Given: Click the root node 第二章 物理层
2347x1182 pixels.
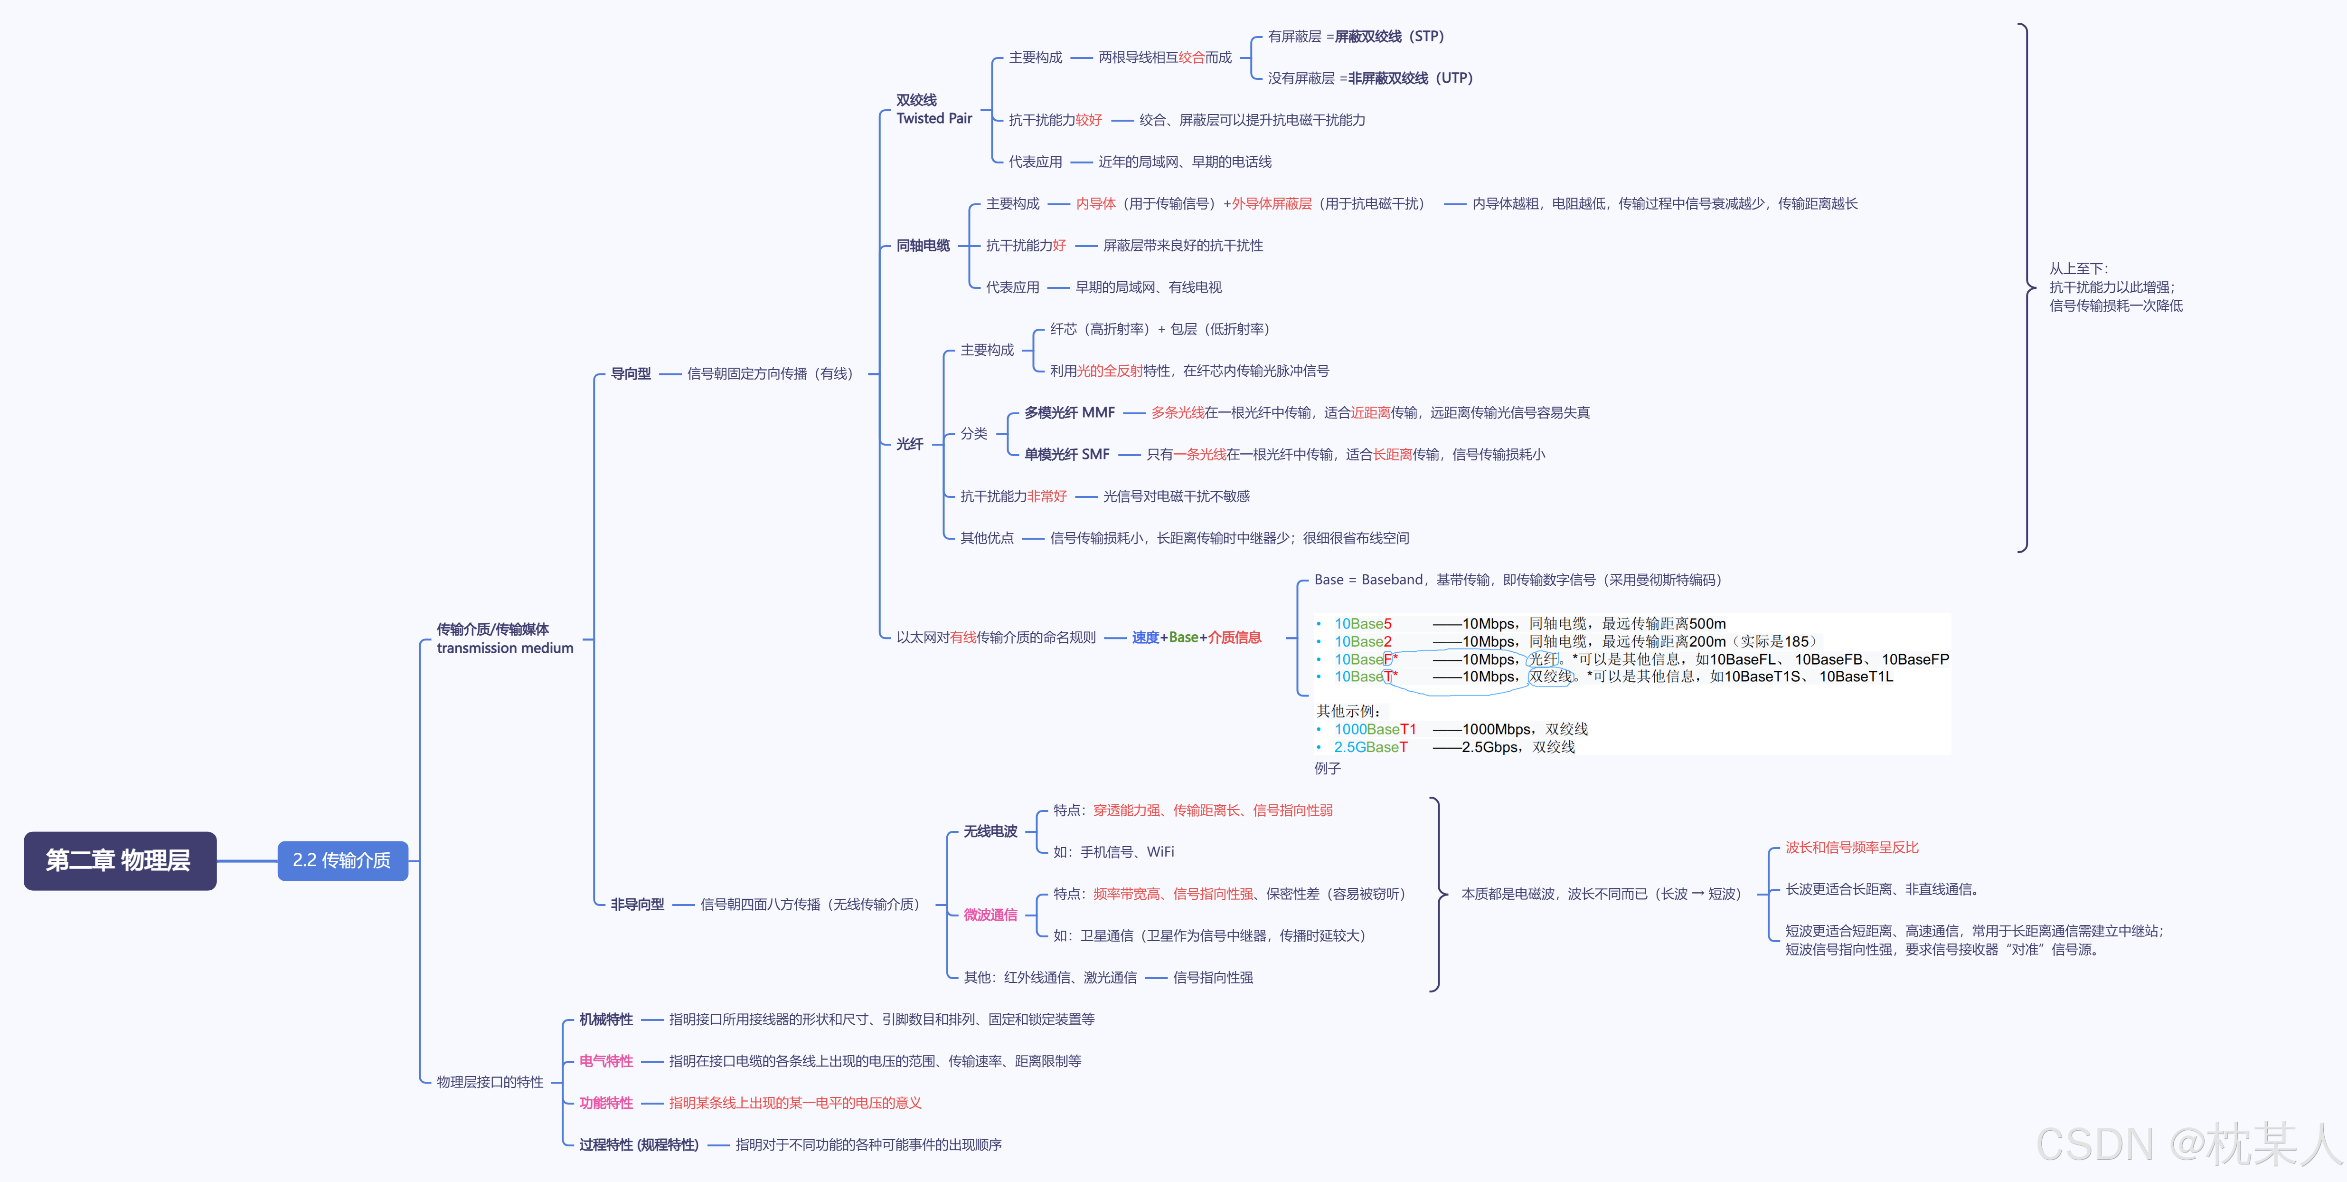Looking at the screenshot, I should tap(119, 860).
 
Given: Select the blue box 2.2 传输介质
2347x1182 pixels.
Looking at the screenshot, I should tap(342, 860).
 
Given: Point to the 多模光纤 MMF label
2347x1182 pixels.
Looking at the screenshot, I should tap(1069, 413).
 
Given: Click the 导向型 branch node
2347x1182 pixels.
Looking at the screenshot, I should tap(631, 373).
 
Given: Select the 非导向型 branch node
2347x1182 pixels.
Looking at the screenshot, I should tap(637, 904).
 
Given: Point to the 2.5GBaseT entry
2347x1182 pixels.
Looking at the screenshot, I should tap(1370, 747).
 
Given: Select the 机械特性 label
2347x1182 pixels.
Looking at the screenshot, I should tap(606, 1019).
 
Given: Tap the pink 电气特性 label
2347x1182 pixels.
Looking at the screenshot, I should tap(606, 1061).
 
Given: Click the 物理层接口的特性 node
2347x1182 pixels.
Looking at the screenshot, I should tap(489, 1082).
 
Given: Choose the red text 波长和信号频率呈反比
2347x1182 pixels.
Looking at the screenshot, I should tap(1851, 848).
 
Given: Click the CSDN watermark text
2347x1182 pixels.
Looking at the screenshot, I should tap(2187, 1144).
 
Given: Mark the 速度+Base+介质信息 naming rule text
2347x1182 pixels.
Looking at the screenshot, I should tap(1196, 637).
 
